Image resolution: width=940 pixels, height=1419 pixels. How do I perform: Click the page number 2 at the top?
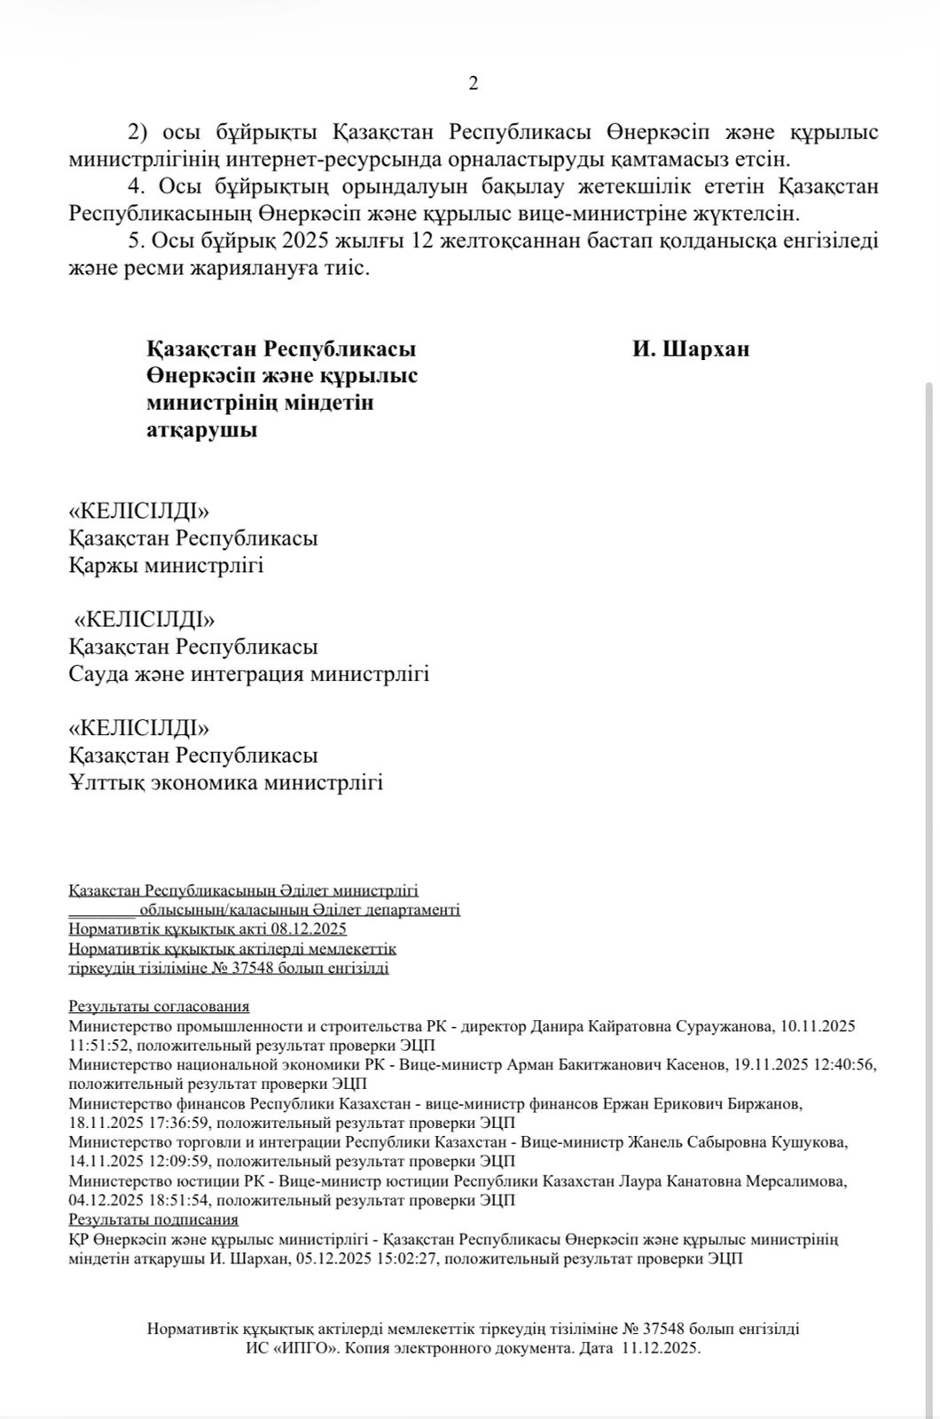(473, 83)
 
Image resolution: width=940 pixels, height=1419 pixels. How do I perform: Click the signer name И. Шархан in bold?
(691, 349)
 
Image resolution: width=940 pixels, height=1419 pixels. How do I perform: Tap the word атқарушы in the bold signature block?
(202, 430)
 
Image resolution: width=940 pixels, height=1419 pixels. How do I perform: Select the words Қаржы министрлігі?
(166, 565)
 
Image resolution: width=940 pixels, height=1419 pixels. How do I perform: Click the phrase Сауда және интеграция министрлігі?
(249, 674)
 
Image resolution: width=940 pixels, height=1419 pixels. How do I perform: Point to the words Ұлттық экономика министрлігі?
(225, 783)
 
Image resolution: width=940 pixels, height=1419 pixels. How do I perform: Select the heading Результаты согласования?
(159, 1006)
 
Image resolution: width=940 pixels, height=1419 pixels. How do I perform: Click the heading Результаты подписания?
(153, 1219)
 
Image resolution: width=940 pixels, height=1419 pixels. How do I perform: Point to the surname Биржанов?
(756, 1103)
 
